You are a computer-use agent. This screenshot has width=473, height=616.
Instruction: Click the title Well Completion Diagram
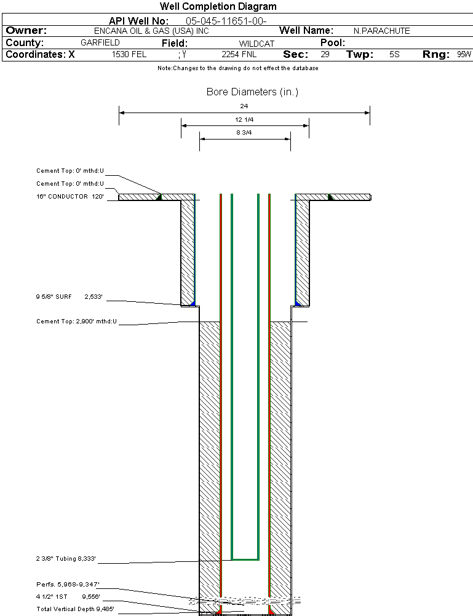(x=218, y=6)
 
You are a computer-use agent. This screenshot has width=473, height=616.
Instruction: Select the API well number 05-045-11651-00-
(x=226, y=22)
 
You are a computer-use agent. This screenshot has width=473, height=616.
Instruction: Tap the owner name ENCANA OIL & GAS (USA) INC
(x=151, y=31)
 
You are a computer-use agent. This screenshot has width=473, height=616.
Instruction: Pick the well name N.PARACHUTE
(x=381, y=31)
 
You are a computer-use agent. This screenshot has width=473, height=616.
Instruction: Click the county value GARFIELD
(x=100, y=43)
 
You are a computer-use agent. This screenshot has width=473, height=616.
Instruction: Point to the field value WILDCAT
(x=256, y=44)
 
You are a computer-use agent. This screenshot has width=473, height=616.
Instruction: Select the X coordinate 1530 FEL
(x=129, y=54)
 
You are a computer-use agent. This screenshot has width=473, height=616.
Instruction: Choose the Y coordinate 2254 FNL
(x=239, y=54)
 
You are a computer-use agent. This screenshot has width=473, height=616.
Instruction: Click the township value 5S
(x=394, y=54)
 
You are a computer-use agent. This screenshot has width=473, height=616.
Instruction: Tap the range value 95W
(x=464, y=54)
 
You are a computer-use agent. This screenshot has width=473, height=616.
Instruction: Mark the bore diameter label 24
(x=244, y=106)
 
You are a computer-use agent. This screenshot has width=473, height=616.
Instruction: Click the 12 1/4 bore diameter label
(x=244, y=119)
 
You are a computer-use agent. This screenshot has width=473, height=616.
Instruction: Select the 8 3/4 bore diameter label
(x=244, y=132)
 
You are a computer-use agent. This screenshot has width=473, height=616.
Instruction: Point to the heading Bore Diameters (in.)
(x=252, y=92)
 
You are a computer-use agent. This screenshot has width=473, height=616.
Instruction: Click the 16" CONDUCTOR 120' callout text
(x=70, y=197)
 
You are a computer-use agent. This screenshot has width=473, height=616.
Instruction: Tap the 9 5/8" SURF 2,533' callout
(x=70, y=296)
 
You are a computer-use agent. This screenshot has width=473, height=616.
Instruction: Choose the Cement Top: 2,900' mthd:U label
(x=77, y=322)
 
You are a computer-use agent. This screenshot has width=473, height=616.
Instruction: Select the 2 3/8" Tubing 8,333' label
(x=66, y=559)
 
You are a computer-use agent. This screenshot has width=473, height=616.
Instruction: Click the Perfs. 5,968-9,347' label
(x=68, y=585)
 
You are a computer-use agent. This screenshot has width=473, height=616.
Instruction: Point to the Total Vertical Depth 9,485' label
(x=76, y=609)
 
